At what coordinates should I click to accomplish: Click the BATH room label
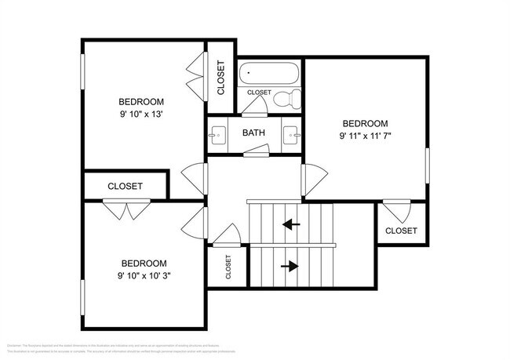253,133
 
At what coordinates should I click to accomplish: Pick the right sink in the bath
292,134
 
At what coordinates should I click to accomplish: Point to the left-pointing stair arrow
291,225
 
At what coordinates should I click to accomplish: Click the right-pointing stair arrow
290,266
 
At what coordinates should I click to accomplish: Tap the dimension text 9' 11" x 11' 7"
365,136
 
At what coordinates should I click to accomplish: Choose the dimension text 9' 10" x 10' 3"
144,275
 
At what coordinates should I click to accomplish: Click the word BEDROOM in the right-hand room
365,123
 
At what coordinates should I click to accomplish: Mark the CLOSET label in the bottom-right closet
401,231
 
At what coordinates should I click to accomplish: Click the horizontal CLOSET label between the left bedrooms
125,186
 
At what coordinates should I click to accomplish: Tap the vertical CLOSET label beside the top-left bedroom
220,78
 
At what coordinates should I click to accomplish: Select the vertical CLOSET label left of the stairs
228,267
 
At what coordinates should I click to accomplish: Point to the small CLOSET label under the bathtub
259,93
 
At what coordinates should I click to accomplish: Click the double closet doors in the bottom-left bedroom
126,209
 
